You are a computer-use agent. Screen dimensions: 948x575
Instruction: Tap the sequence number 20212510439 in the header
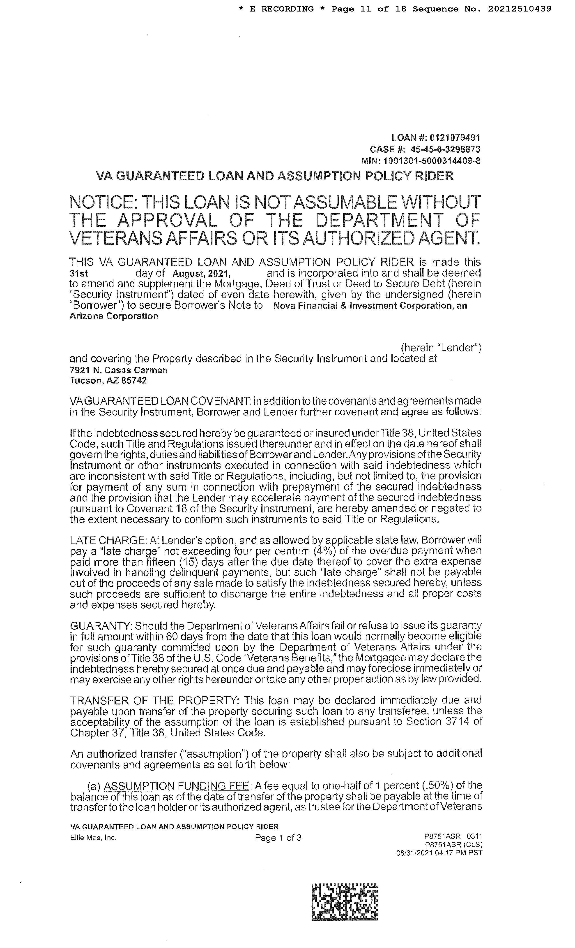520,9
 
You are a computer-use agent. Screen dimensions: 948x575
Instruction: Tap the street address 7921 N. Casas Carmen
118,370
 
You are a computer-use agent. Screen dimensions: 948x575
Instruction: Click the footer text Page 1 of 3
278,838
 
